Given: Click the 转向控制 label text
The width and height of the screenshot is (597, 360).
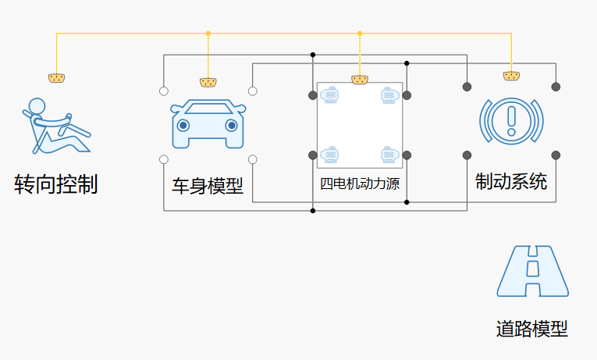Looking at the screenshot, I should point(56,184).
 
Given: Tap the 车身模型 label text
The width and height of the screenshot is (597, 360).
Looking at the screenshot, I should point(208,187).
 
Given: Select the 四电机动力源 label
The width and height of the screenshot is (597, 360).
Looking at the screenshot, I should point(360,184).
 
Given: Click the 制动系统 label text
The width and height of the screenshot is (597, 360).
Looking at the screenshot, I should point(511,182).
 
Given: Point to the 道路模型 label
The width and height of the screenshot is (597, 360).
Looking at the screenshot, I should point(532,329).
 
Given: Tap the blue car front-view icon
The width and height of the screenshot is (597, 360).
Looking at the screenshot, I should point(208,123).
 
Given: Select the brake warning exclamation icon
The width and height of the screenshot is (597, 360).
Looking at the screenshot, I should point(511,119).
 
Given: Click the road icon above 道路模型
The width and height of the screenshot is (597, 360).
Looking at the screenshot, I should point(533,271).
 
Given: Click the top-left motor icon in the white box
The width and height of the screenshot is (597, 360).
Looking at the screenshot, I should point(331,96).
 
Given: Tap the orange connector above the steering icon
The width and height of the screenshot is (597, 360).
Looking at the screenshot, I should point(56,77).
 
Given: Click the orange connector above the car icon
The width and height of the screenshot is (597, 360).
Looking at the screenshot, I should point(208,82).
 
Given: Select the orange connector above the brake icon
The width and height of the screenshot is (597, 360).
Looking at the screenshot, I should point(511,76).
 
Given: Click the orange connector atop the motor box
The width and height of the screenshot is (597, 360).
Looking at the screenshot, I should point(360,79).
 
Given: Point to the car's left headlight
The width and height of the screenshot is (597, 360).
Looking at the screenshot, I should point(183,125).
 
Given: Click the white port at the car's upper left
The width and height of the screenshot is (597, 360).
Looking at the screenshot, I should point(164,91).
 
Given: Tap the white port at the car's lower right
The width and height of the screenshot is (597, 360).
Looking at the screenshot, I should point(253,159).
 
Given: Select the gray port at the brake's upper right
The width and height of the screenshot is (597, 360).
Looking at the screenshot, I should point(556,86).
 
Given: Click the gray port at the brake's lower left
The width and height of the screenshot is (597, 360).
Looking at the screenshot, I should point(467,155).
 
